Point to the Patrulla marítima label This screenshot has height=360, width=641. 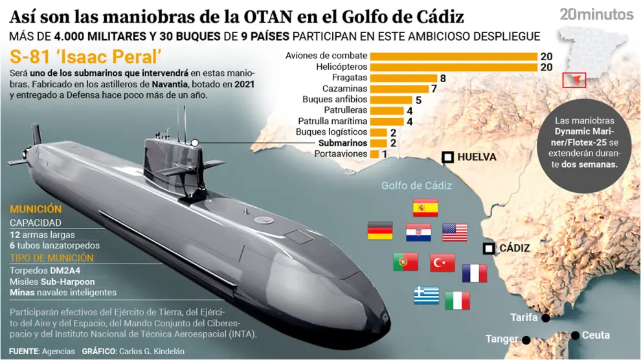pyautogui.click(x=332, y=121)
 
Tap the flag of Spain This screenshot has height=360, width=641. pyautogui.click(x=425, y=207)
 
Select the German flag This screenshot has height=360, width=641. pyautogui.click(x=380, y=231)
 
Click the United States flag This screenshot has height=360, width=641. pyautogui.click(x=455, y=232)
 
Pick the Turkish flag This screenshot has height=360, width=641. pyautogui.click(x=442, y=263)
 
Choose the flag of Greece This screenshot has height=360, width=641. pyautogui.click(x=427, y=295)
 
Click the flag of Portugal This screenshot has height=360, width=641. pyautogui.click(x=405, y=262)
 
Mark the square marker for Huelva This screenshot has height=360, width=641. pyautogui.click(x=447, y=157)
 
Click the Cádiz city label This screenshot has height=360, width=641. pyautogui.click(x=515, y=248)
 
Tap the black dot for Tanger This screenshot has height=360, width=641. pyautogui.click(x=526, y=340)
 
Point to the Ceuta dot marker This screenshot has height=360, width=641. pyautogui.click(x=575, y=335)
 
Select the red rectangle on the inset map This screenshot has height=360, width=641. pyautogui.click(x=574, y=80)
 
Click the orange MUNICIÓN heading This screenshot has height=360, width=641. pyautogui.click(x=36, y=210)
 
